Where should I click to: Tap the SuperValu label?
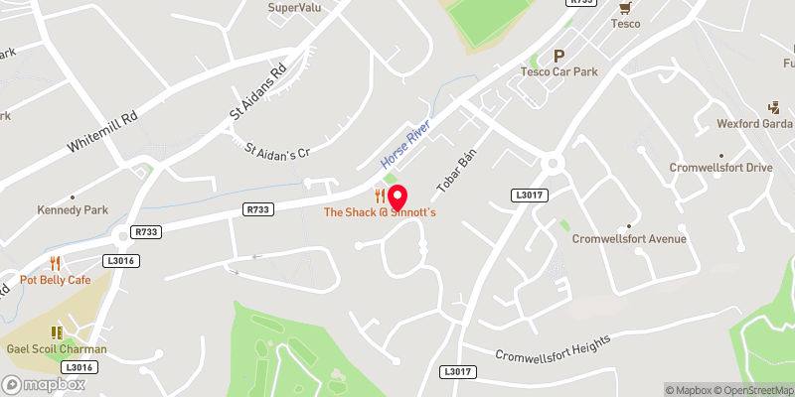click(293, 8)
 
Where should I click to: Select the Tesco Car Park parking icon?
click(558, 57)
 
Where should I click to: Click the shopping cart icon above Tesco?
click(624, 7)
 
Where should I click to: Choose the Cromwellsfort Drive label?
click(720, 168)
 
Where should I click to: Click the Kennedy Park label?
click(72, 209)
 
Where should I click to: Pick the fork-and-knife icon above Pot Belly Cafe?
click(56, 264)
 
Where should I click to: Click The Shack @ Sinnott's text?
click(380, 213)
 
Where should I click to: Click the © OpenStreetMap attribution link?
click(754, 390)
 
